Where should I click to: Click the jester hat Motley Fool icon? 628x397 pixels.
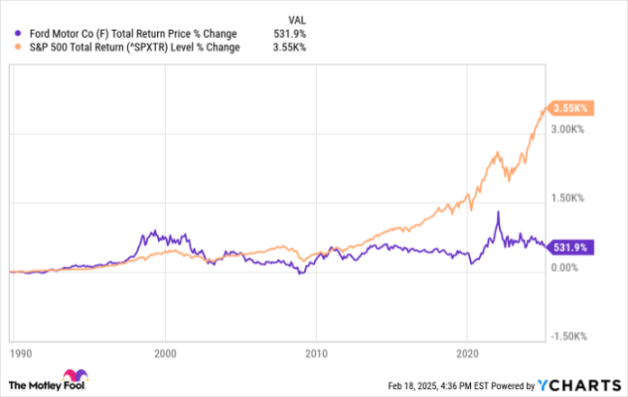click(71, 377)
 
